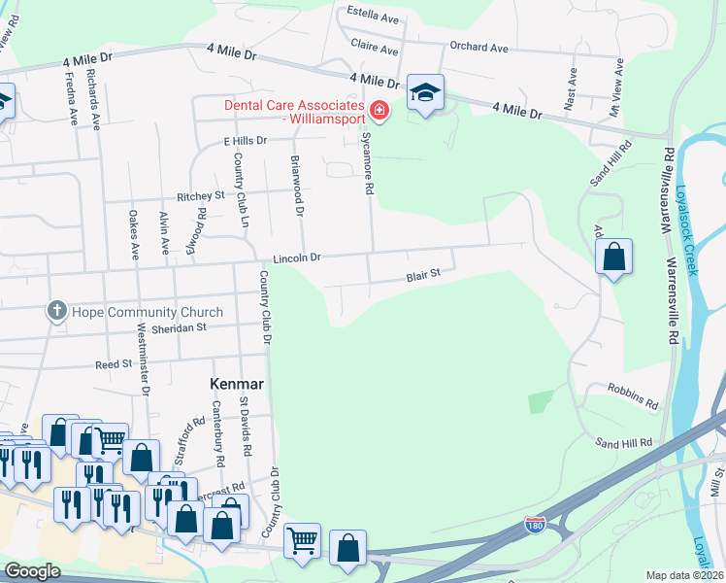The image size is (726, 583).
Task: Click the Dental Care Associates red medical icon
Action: (x=379, y=113)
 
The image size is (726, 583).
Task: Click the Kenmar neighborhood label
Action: (x=238, y=385)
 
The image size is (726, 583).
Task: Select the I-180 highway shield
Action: (x=535, y=525)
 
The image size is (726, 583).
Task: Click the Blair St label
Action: (x=423, y=275)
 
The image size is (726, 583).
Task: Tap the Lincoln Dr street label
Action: (x=296, y=258)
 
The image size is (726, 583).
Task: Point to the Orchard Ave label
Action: (x=479, y=48)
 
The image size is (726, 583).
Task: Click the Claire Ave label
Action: (x=375, y=50)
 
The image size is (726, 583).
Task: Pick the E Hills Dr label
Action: (x=245, y=141)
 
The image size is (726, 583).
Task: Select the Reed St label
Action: (x=113, y=363)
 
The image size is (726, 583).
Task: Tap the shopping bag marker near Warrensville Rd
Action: (x=613, y=257)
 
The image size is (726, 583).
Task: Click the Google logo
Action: (x=31, y=571)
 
